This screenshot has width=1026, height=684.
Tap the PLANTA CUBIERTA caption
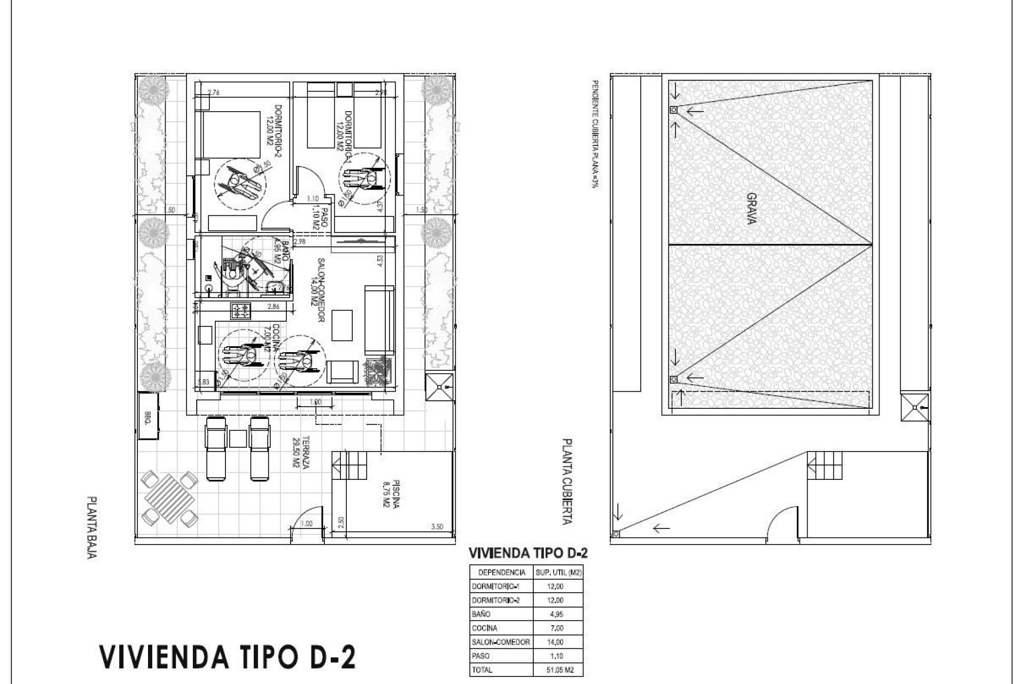coord(567,481)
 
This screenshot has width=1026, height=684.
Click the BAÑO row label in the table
coord(481,614)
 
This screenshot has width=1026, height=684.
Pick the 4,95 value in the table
coord(556,614)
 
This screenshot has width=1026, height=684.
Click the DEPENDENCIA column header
coord(501,572)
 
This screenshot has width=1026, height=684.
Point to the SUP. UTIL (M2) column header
coord(558,572)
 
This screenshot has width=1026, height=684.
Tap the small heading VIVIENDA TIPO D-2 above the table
coord(527,553)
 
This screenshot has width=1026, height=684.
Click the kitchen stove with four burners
coord(240,311)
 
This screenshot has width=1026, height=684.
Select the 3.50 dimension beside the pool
coord(437,526)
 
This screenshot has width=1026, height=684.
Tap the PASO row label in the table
coord(481,656)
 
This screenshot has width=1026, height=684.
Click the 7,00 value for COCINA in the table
coord(556,628)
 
